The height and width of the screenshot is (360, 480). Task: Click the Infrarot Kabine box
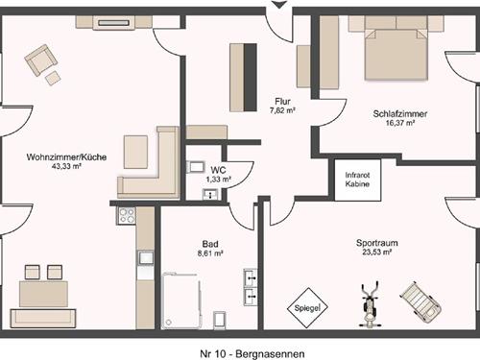pos(358,180)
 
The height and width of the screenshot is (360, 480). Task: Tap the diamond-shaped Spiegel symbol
pos(307,308)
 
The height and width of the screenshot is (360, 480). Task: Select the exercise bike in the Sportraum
pos(370,304)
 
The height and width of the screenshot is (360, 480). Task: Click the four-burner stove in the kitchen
pos(126,216)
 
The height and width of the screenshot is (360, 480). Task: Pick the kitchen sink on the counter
pos(146,257)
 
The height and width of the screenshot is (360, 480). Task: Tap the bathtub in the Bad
pos(181,300)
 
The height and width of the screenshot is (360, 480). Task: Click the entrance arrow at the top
pos(279,5)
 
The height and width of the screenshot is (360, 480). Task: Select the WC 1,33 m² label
pos(219,175)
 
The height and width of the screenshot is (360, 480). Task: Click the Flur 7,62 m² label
pos(282,106)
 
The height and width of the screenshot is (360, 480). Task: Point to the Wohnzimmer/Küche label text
pos(66,157)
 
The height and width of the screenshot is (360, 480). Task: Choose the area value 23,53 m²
pos(377,252)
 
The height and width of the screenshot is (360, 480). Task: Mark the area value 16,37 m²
pos(400,123)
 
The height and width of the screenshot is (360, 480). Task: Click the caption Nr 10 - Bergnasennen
pos(252,354)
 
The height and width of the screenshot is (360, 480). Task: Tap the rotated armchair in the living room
pos(41,60)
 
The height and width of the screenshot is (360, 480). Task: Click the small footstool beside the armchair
pos(53,78)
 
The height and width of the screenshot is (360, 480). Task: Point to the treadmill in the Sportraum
pos(421,300)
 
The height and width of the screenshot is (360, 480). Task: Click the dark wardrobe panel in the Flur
pos(251,78)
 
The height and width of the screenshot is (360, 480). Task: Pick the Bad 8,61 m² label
pos(210,249)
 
